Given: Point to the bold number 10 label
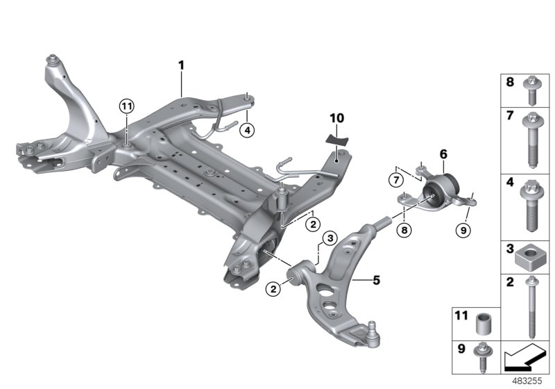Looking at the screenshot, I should [336, 119].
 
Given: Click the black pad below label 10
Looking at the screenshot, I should [338, 138].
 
